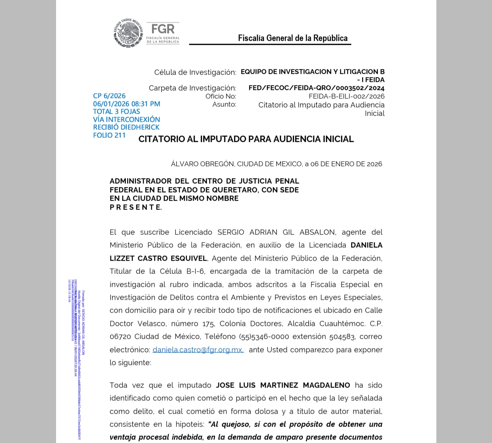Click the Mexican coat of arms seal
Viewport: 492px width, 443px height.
tap(128, 33)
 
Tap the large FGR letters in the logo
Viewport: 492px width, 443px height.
tap(163, 29)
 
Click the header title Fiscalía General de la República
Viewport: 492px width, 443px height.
tap(292, 38)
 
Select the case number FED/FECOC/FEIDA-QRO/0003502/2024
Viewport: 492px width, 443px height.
tap(316, 88)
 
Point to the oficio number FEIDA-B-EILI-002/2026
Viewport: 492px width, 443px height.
tap(346, 96)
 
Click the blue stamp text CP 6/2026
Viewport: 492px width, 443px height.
tap(109, 96)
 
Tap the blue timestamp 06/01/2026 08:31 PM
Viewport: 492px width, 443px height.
tap(127, 104)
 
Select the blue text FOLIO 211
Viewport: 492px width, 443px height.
tap(109, 135)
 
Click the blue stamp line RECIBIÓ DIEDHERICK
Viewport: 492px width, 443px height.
tap(126, 127)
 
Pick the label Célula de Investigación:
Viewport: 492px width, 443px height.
tap(195, 72)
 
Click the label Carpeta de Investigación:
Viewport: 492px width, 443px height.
tap(192, 88)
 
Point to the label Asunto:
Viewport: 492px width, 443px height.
tap(224, 104)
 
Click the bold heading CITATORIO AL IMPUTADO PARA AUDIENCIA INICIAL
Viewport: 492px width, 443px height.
tap(246, 139)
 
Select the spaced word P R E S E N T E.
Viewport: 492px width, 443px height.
tap(136, 207)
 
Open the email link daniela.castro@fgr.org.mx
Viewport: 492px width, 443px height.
tap(198, 350)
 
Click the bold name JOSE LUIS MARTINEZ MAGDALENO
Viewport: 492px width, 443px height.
tap(283, 385)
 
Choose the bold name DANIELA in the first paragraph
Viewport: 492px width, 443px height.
tap(366, 245)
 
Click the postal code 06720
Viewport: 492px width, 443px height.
tap(120, 337)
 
